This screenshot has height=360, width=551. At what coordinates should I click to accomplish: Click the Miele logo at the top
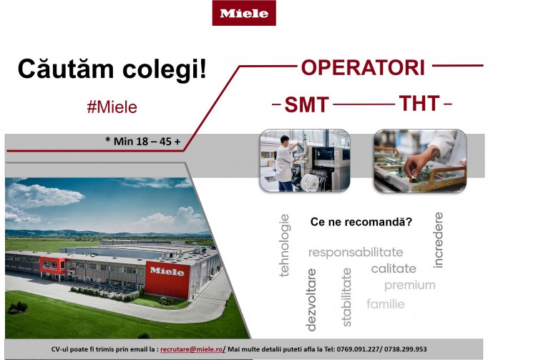244,13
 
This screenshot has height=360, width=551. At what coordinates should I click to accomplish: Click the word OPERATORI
363,67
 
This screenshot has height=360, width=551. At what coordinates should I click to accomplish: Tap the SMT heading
306,104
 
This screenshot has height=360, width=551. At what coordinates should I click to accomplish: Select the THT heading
419,103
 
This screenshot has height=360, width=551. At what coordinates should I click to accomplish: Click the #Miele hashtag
112,107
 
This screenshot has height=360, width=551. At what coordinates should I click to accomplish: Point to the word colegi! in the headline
165,69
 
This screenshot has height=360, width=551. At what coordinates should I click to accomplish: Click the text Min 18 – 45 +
147,141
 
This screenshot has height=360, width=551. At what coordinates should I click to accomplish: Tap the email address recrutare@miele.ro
192,349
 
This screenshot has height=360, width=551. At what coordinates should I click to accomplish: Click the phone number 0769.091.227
358,349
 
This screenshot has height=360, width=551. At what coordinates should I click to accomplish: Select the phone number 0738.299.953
406,349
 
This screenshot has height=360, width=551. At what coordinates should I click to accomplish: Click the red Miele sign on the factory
167,280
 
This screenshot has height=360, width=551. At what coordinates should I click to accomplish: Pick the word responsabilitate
356,253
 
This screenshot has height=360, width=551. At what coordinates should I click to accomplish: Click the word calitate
394,268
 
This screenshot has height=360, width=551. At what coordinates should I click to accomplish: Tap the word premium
410,285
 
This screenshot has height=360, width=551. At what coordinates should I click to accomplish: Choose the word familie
386,303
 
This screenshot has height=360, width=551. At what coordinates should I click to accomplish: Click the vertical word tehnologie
284,245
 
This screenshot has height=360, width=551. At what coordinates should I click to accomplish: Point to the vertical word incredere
438,240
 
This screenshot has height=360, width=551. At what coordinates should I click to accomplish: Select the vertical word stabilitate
346,297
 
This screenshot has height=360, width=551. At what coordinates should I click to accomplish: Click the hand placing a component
421,162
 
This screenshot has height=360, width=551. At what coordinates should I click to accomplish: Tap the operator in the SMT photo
285,163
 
